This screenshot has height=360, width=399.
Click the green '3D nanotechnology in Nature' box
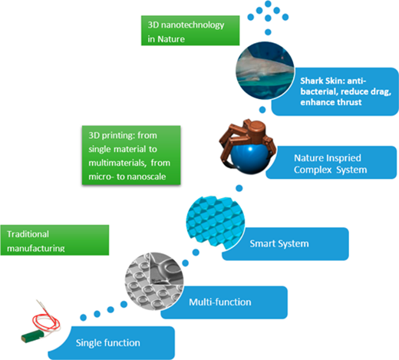pos(190,31)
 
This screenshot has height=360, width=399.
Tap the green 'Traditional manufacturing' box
pos(54,240)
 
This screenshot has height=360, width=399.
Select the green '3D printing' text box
pos(131,155)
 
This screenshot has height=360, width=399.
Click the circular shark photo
pos(265,71)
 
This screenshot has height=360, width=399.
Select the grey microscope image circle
pos(154,281)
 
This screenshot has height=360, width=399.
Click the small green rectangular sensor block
pos(32,336)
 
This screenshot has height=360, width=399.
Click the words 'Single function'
pos(108,343)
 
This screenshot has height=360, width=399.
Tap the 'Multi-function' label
pos(220,302)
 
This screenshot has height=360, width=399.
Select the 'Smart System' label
pos(279,243)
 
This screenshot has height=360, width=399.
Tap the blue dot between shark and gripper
pos(262,110)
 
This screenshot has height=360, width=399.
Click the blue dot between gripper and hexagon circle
pos(239,188)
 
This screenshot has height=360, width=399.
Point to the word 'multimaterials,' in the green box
pos(117,163)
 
